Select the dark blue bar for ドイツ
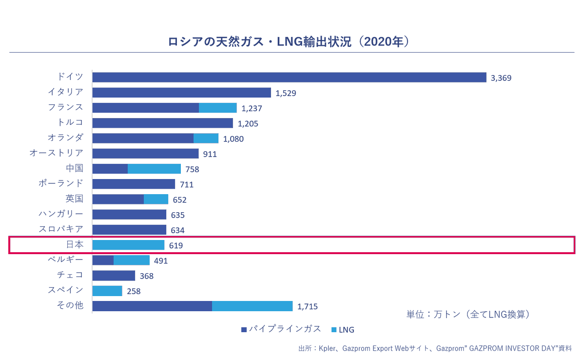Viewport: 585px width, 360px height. [x=289, y=77]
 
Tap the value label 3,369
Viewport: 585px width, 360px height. [x=501, y=78]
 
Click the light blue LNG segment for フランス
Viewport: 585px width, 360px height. [x=218, y=108]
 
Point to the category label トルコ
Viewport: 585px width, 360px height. [x=71, y=122]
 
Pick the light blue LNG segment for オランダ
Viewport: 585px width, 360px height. [x=206, y=138]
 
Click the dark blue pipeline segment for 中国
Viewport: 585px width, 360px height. [x=110, y=169]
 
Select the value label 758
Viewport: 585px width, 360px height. [x=193, y=169]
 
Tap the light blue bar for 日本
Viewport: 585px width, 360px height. [x=128, y=245]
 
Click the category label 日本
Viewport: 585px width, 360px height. [x=75, y=244]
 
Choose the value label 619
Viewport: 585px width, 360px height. [x=176, y=245]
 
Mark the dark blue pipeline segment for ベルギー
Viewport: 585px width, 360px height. [x=103, y=260]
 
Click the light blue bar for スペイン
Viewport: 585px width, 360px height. [x=107, y=291]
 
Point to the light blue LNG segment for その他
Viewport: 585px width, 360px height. [x=253, y=306]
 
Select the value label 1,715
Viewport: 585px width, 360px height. [x=308, y=306]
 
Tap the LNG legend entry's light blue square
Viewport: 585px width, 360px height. [x=334, y=330]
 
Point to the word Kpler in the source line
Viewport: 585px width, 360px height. [x=328, y=348]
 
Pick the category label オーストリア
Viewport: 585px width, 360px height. [x=57, y=153]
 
